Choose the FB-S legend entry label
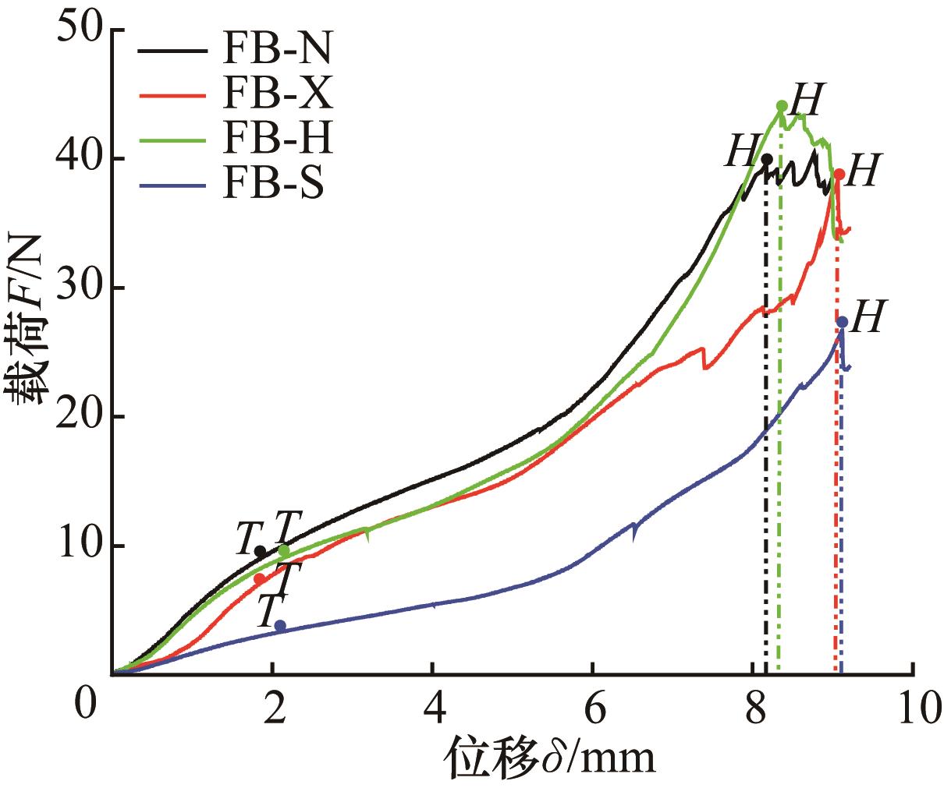(272, 186)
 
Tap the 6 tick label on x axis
(592, 710)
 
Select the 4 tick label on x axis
(432, 710)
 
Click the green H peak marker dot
(782, 106)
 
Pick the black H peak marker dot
(767, 159)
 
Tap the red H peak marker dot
(839, 174)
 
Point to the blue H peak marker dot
(843, 322)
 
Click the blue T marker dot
(280, 626)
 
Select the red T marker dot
(259, 579)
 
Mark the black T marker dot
(261, 552)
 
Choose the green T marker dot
(284, 551)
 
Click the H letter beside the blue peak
(866, 319)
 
